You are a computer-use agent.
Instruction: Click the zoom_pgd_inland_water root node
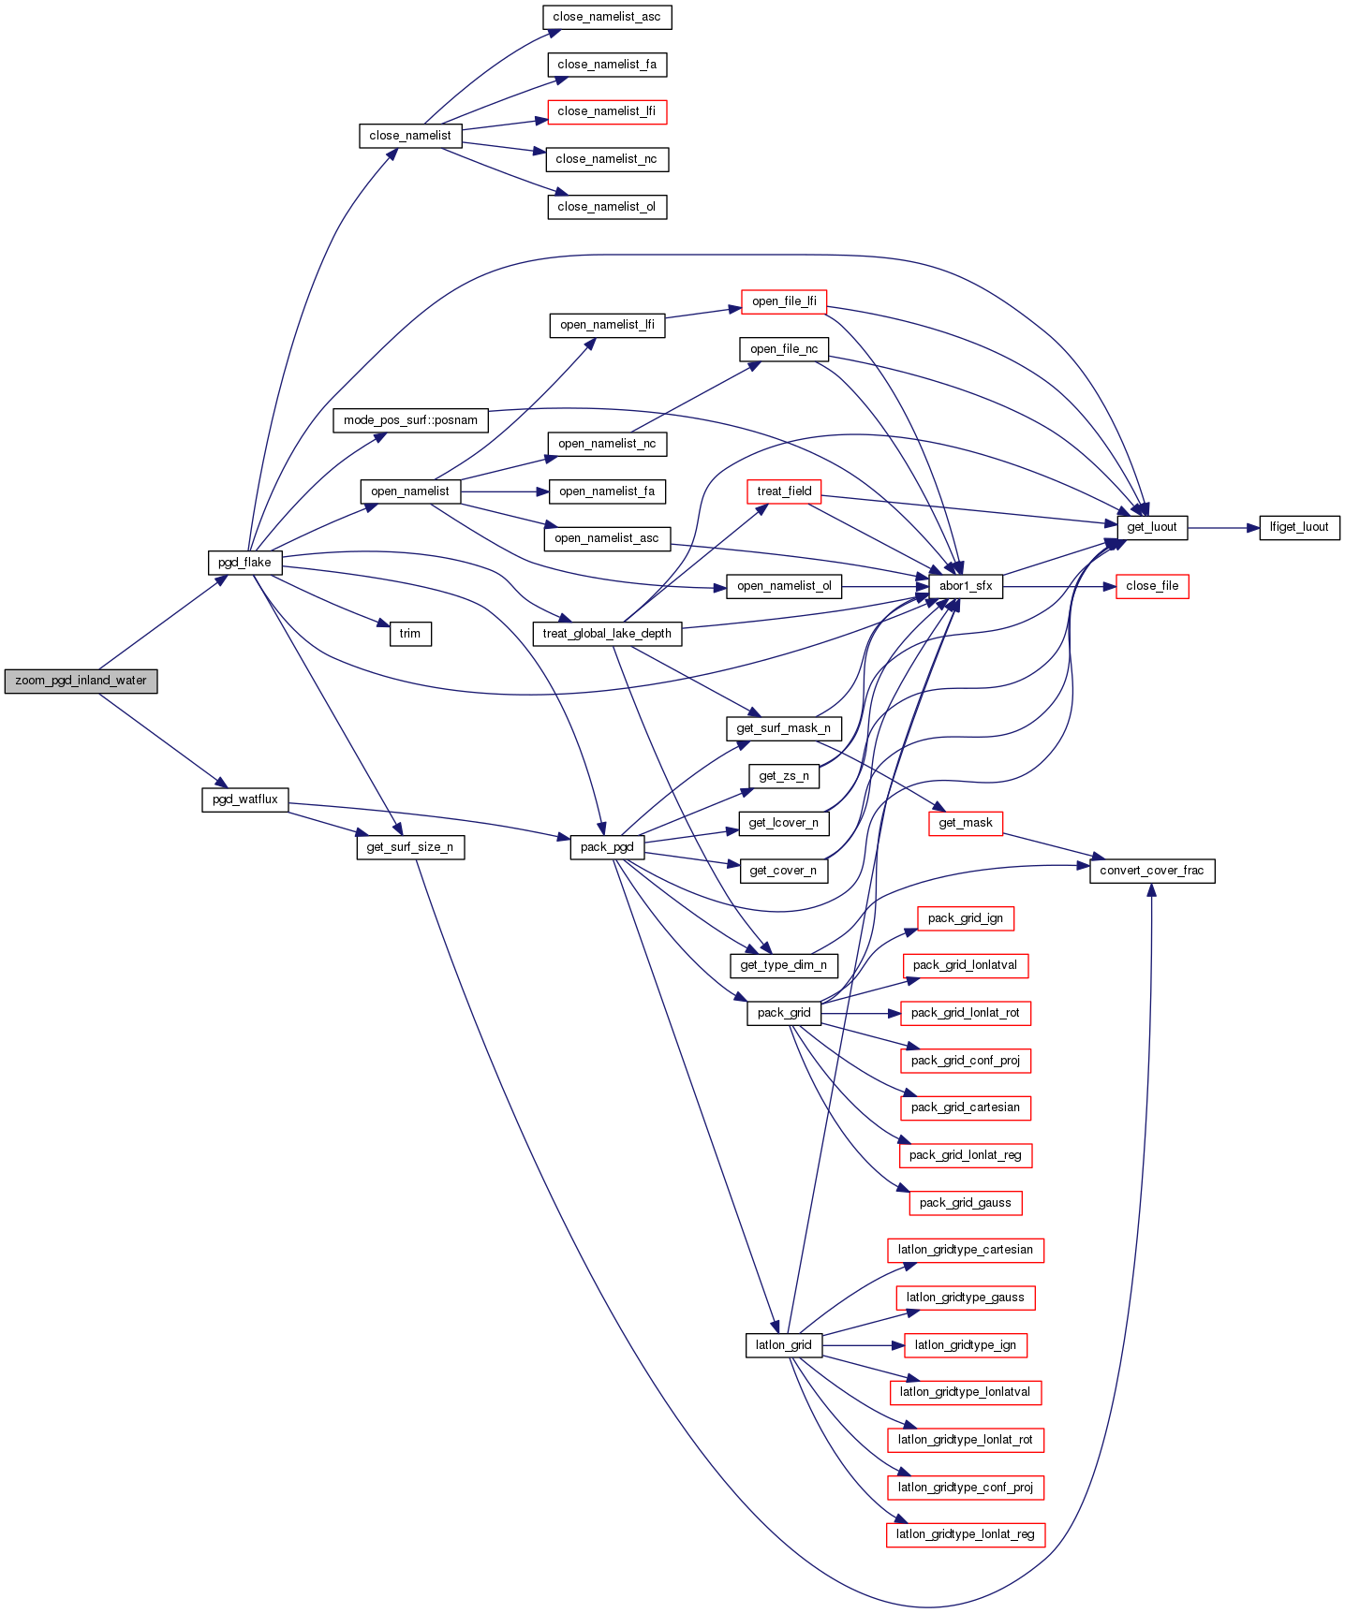[x=81, y=681]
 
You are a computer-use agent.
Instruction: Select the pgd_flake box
[x=244, y=563]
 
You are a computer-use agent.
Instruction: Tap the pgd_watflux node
[x=245, y=799]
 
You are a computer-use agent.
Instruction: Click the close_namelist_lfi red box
[x=607, y=111]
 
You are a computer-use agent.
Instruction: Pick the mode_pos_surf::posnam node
[x=410, y=420]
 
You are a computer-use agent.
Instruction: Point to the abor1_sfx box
[x=966, y=586]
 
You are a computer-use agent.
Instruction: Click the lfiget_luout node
[x=1299, y=527]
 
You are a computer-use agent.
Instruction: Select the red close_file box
[x=1152, y=586]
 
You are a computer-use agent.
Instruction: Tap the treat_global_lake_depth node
[x=607, y=634]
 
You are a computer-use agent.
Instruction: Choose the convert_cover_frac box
[x=1152, y=871]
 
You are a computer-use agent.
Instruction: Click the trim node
[x=410, y=634]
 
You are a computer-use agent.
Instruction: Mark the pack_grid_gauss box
[x=966, y=1203]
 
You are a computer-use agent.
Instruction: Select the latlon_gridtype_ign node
[x=966, y=1345]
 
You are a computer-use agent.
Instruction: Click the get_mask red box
[x=966, y=823]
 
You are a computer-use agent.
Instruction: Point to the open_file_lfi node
[x=784, y=301]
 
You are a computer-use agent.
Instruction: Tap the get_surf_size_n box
[x=410, y=847]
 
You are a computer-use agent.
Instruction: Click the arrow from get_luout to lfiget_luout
[x=1223, y=528]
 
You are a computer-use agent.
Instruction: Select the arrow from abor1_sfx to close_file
[x=1058, y=587]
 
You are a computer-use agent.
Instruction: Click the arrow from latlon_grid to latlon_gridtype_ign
[x=863, y=1345]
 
